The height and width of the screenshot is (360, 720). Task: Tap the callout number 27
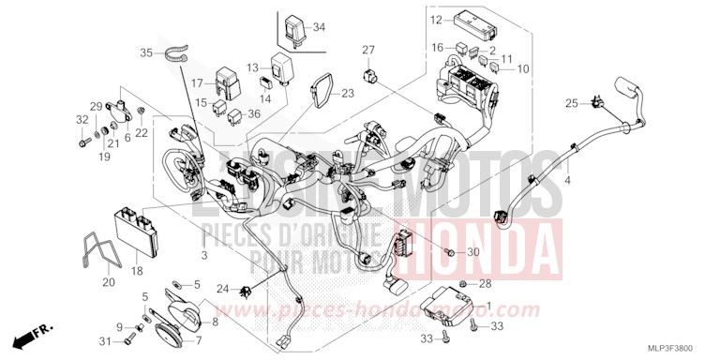(368, 50)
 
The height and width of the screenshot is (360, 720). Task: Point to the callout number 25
(570, 102)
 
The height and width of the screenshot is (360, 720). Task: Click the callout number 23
(349, 93)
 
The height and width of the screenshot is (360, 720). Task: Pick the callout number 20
(108, 281)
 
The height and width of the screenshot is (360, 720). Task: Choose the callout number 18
(137, 271)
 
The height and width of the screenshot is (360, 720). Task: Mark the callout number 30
(473, 253)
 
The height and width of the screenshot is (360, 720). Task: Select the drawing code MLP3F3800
(682, 348)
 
